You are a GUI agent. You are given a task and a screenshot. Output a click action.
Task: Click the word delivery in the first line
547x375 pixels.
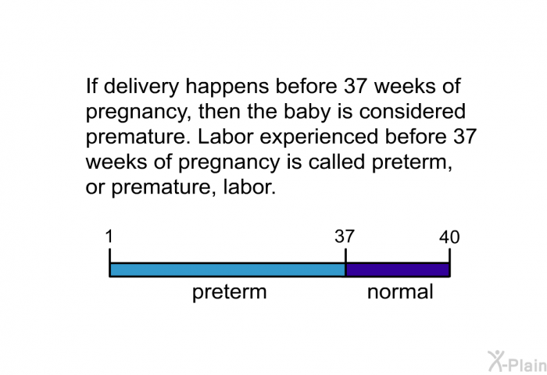click(141, 86)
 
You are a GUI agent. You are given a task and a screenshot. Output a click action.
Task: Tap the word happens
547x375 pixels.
click(227, 87)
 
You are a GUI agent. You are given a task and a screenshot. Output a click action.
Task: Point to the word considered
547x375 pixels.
click(413, 111)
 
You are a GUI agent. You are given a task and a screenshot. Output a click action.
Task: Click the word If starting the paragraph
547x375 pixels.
click(91, 86)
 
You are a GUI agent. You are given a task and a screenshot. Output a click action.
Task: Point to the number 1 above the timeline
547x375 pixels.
click(109, 237)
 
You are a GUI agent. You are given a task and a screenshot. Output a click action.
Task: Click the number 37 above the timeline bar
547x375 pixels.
click(345, 237)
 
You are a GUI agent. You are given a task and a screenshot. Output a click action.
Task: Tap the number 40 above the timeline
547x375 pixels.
click(449, 237)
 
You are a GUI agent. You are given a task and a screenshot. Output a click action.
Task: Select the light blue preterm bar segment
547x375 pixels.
click(227, 270)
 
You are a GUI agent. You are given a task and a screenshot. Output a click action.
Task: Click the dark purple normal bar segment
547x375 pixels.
click(398, 270)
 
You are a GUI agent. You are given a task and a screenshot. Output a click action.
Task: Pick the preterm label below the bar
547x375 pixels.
click(230, 292)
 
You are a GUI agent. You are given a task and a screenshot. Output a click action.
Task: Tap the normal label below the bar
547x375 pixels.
click(400, 291)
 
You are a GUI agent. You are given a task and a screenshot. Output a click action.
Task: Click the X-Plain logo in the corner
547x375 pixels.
click(517, 361)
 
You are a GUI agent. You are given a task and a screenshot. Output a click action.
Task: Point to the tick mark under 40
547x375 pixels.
click(449, 255)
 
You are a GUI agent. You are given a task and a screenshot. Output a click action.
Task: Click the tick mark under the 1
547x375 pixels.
click(110, 255)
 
